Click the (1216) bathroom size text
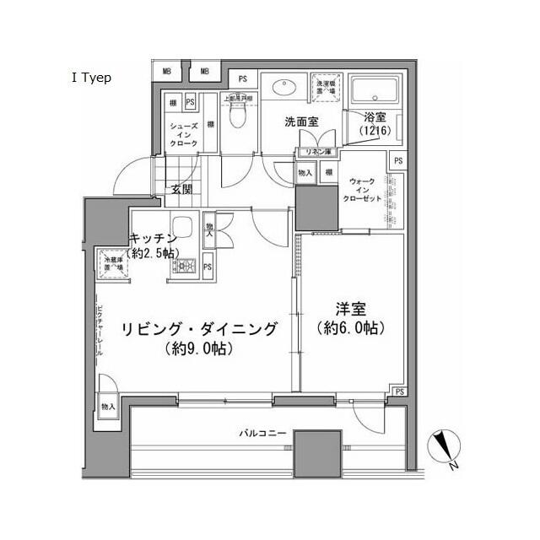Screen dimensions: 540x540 374,132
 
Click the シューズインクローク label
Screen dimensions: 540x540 185,134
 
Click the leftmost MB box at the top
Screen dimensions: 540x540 167,72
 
